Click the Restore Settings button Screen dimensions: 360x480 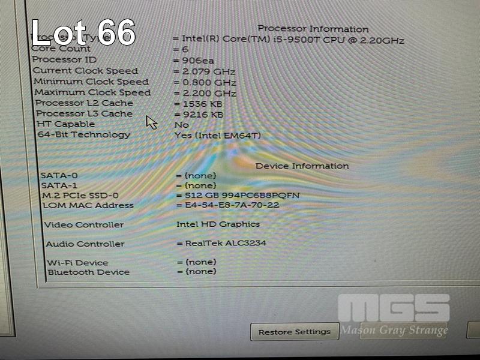click(x=294, y=332)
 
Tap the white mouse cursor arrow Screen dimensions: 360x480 click(x=151, y=122)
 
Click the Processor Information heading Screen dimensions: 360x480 click(x=313, y=29)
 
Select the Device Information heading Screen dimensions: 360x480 click(x=302, y=166)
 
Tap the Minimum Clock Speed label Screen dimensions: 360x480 click(x=91, y=82)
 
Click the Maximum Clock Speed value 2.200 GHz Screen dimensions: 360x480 click(x=206, y=93)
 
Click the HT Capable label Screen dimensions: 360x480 click(x=66, y=124)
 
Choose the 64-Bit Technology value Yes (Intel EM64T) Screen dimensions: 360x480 click(x=217, y=135)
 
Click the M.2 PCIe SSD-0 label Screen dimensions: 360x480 click(x=80, y=196)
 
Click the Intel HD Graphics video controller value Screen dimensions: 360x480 click(x=218, y=224)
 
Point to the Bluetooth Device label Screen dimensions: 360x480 click(x=89, y=272)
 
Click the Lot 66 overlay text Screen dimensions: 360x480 click(x=83, y=33)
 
